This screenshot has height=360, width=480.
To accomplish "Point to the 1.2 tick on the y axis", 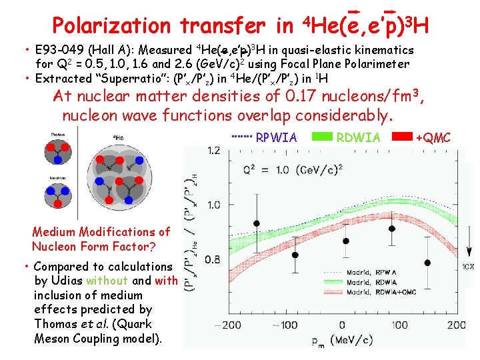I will (213, 151).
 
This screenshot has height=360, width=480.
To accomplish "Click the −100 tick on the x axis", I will (287, 325).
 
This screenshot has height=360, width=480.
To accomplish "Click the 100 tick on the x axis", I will (398, 325).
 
